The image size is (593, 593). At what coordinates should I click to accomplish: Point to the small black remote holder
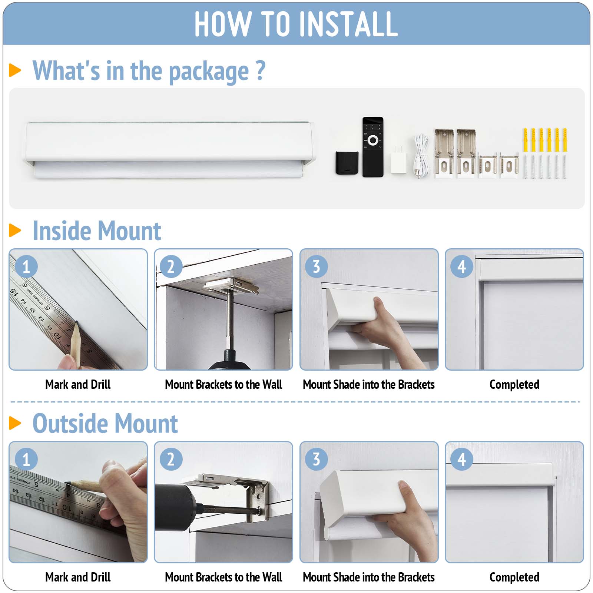click(x=347, y=163)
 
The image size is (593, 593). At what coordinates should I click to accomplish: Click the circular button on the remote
click(x=373, y=140)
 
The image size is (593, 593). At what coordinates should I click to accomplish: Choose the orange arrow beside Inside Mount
click(x=15, y=230)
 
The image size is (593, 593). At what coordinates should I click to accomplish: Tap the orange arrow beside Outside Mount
click(x=15, y=423)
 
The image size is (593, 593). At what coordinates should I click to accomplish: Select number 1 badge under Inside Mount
click(x=26, y=266)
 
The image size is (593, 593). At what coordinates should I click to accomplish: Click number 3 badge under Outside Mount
click(x=316, y=459)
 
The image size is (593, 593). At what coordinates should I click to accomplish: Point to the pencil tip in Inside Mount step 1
click(x=76, y=323)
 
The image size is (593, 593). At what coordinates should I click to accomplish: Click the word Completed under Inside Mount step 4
click(x=514, y=385)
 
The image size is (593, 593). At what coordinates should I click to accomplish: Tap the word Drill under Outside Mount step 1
click(x=100, y=577)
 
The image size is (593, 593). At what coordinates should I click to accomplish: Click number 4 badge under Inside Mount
click(x=461, y=266)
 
